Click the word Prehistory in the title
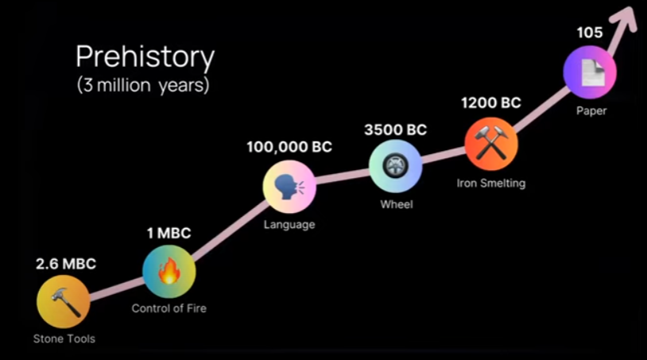pos(145,58)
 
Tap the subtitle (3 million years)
pos(143,85)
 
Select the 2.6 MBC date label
pos(66,264)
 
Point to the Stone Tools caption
pos(64,339)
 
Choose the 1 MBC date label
pos(169,234)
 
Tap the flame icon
pos(169,270)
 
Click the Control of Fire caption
pos(169,308)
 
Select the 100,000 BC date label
pos(289,147)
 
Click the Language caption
pos(289,225)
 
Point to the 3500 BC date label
pos(395,130)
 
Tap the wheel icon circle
pos(395,166)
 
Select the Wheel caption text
pos(397,204)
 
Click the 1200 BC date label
pos(491,103)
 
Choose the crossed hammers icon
pos(491,143)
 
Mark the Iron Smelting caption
pos(491,183)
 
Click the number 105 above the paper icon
pos(590,33)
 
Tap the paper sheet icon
pos(592,72)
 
